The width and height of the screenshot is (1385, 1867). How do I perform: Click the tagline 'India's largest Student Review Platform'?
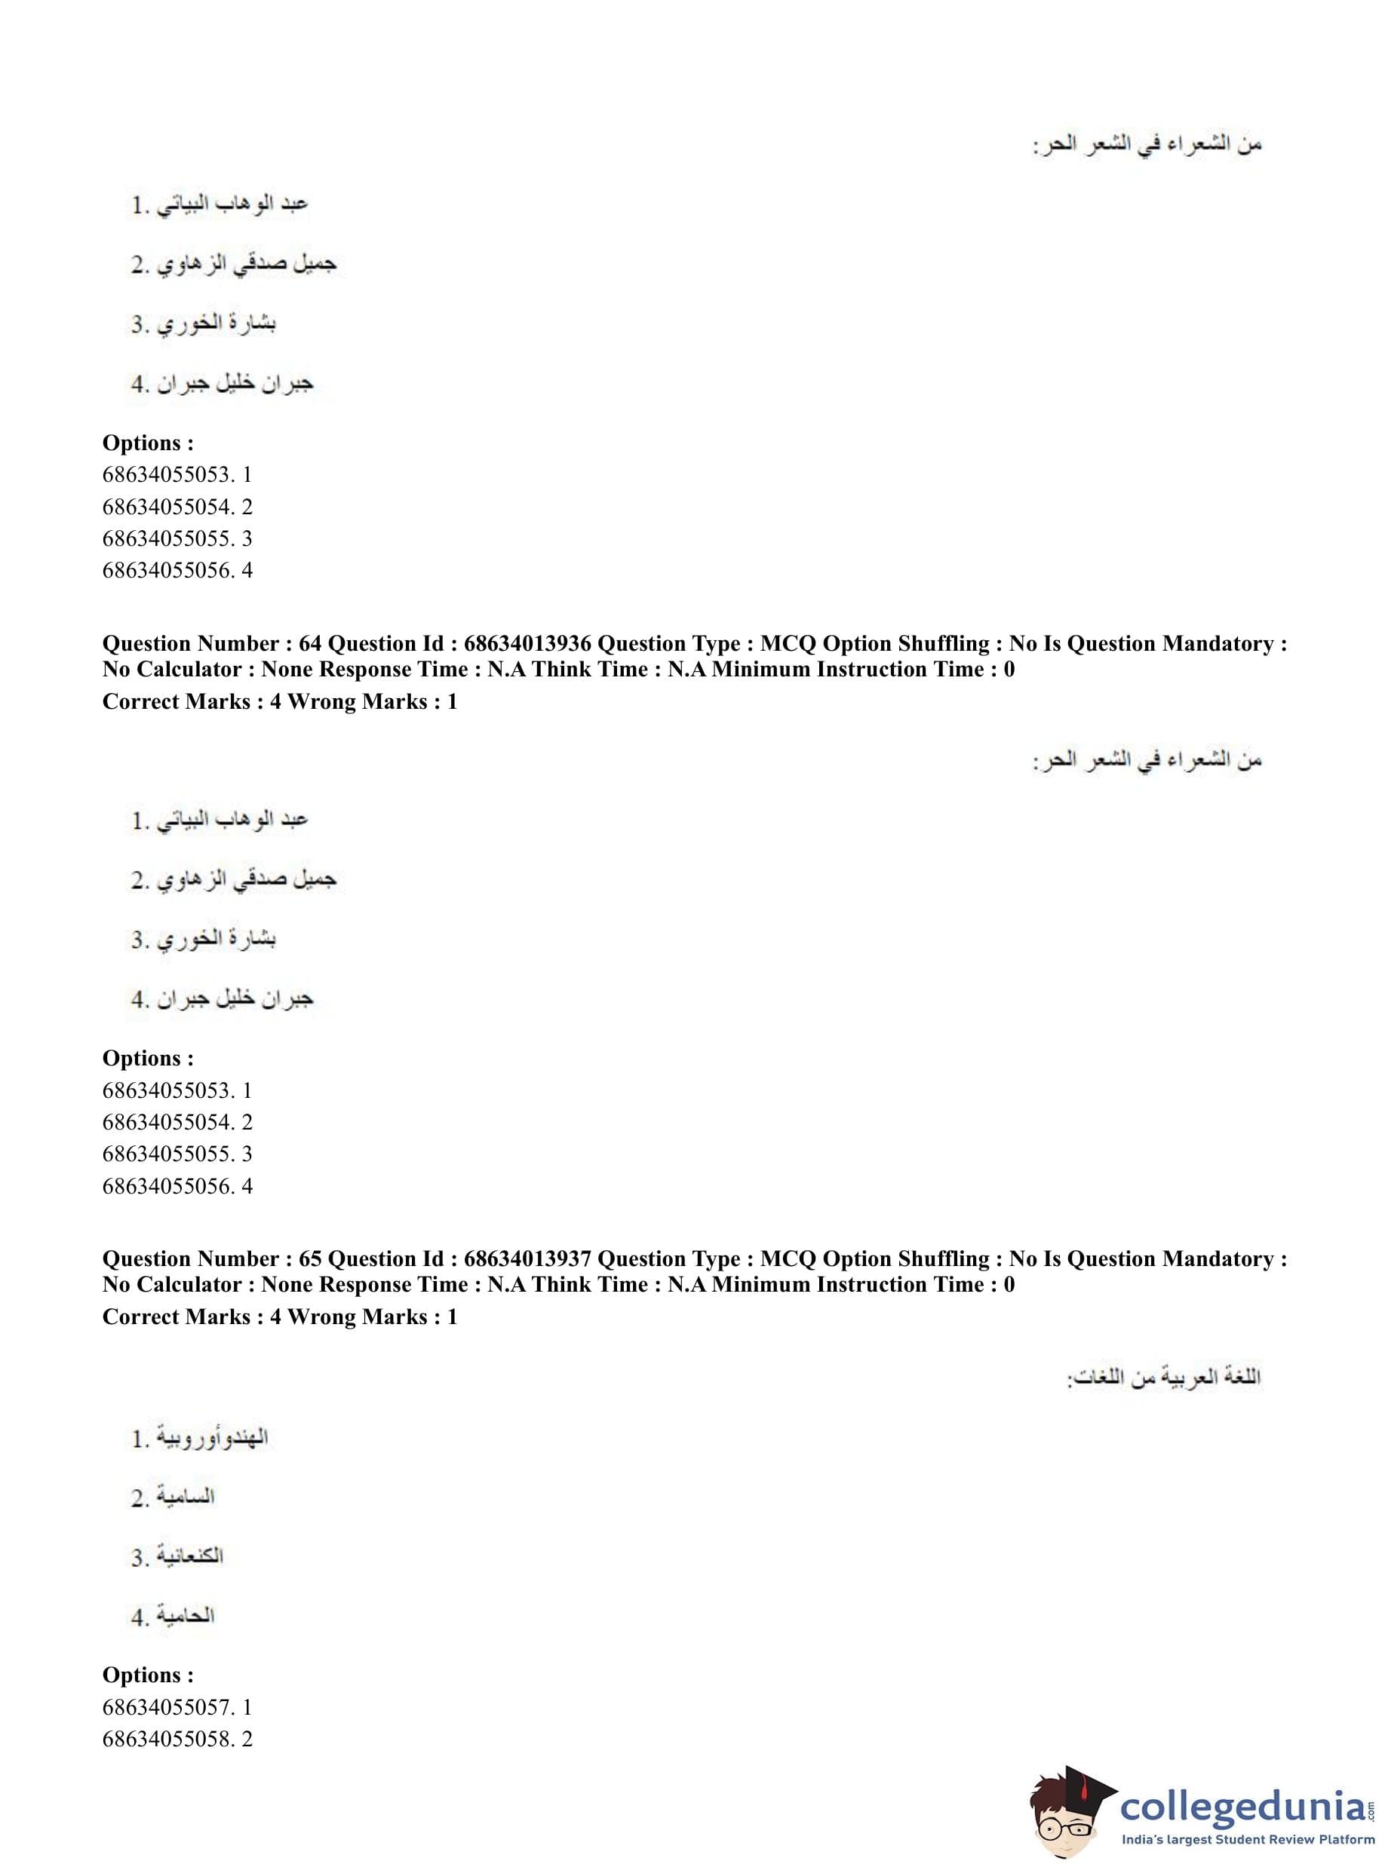point(1248,1840)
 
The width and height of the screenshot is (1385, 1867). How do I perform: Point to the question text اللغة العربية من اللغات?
point(1165,1378)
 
